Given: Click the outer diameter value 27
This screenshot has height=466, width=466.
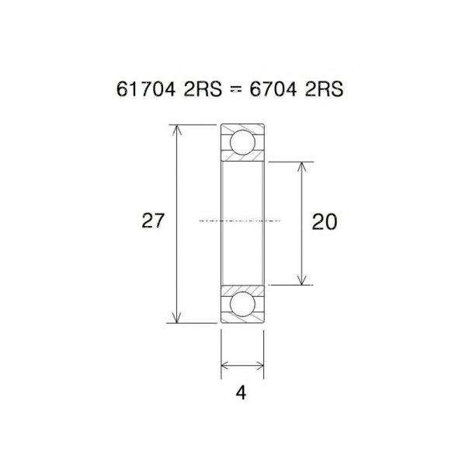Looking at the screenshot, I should [153, 221].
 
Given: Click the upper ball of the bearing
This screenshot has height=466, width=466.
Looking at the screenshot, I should [242, 143].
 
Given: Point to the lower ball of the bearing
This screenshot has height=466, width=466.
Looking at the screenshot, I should [242, 304].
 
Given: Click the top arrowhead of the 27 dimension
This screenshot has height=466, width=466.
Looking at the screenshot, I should [179, 130].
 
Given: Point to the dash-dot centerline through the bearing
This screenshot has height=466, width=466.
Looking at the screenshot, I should [233, 221].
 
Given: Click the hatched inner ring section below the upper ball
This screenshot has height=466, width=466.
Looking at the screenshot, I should [242, 158].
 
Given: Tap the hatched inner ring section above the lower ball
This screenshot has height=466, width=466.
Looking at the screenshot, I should [242, 289].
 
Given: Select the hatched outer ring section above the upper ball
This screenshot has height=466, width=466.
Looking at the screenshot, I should [242, 128].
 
